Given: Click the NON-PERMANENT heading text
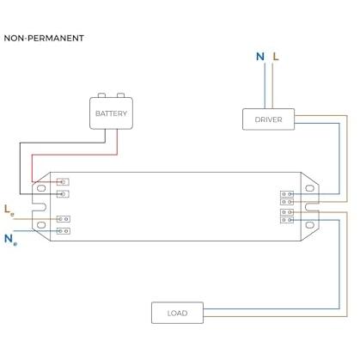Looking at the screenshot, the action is point(44,38).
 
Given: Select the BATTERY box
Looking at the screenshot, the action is point(111,113).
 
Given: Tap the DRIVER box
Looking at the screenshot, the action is point(268,119).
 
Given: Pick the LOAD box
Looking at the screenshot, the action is point(177,313).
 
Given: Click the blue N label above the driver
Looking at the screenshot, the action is point(260,57).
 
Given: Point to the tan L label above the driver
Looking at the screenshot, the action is point(276,57).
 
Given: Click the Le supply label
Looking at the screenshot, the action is point(9,211).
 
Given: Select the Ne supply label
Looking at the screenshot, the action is point(10,240).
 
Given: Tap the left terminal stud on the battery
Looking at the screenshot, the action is point(101,95).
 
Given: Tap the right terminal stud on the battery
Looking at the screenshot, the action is point(120,95).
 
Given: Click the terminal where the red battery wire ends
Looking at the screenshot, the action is point(63,182).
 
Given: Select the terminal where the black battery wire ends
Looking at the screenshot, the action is point(63,194).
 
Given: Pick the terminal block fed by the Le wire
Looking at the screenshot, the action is point(64,219).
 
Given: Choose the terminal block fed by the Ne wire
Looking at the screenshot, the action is point(64,231).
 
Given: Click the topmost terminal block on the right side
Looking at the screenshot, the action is point(287,194).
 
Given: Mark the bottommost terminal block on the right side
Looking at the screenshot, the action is point(287,220).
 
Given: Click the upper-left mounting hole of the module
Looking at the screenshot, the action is point(41,188).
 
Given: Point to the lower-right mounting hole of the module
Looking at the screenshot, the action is point(310,225).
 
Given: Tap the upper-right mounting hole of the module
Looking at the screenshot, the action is point(310,188).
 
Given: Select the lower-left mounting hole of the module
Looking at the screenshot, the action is point(41,225).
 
